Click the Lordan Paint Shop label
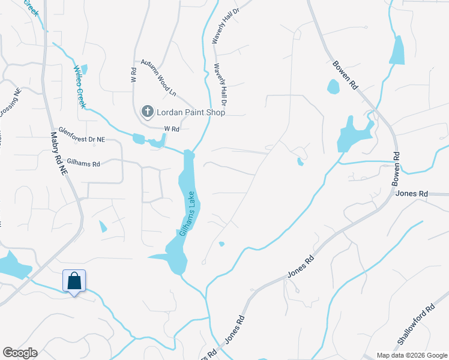pos(191,112)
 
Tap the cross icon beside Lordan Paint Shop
pos(147,112)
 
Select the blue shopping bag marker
pos(74,281)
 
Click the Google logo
pos(20,353)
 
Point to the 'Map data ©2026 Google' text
pos(411,355)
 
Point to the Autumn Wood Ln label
pos(158,78)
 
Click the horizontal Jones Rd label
pos(412,194)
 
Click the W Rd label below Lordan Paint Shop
pos(172,128)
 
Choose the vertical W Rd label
pos(133,75)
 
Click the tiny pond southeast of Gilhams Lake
pos(221,244)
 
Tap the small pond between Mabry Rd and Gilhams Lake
pos(103,227)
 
